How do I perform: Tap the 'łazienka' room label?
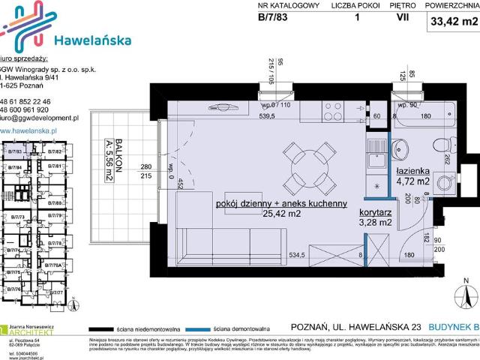click(412, 170)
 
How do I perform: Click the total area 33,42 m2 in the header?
click(454, 22)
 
